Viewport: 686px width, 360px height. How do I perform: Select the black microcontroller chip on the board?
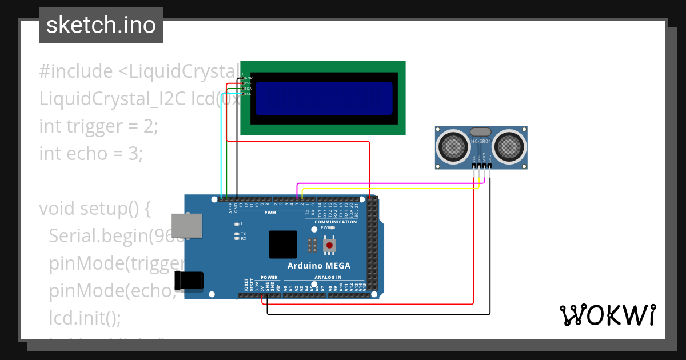click(283, 245)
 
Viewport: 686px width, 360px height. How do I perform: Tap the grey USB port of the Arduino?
click(187, 226)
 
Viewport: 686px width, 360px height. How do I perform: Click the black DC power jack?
click(188, 281)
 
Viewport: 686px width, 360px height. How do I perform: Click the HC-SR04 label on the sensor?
click(481, 141)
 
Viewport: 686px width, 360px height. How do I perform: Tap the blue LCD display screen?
click(324, 98)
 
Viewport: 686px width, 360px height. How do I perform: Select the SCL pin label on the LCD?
click(248, 94)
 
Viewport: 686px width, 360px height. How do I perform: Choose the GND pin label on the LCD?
click(248, 78)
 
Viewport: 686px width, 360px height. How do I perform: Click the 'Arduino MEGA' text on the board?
click(318, 266)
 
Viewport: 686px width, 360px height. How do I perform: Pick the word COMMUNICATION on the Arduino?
click(336, 222)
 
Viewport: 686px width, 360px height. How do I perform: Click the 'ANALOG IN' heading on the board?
click(328, 277)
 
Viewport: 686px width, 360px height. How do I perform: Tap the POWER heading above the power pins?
click(269, 277)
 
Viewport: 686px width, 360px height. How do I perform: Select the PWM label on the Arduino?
click(270, 213)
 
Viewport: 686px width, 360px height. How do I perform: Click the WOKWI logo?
click(607, 315)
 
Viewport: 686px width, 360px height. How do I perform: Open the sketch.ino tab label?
click(101, 25)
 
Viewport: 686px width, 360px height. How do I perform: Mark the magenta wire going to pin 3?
click(389, 184)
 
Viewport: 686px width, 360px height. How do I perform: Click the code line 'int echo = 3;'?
click(90, 153)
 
